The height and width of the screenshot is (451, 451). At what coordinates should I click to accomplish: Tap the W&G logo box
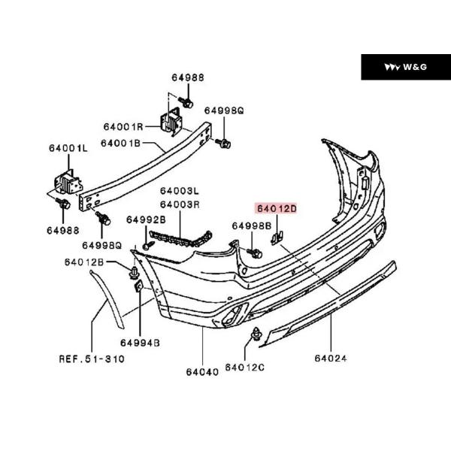[405, 68]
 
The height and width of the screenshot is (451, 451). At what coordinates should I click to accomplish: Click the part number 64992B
[145, 219]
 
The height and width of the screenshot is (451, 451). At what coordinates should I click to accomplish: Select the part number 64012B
[83, 262]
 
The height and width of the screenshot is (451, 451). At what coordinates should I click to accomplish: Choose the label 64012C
[246, 367]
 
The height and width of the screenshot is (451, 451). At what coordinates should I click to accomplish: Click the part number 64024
[331, 359]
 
